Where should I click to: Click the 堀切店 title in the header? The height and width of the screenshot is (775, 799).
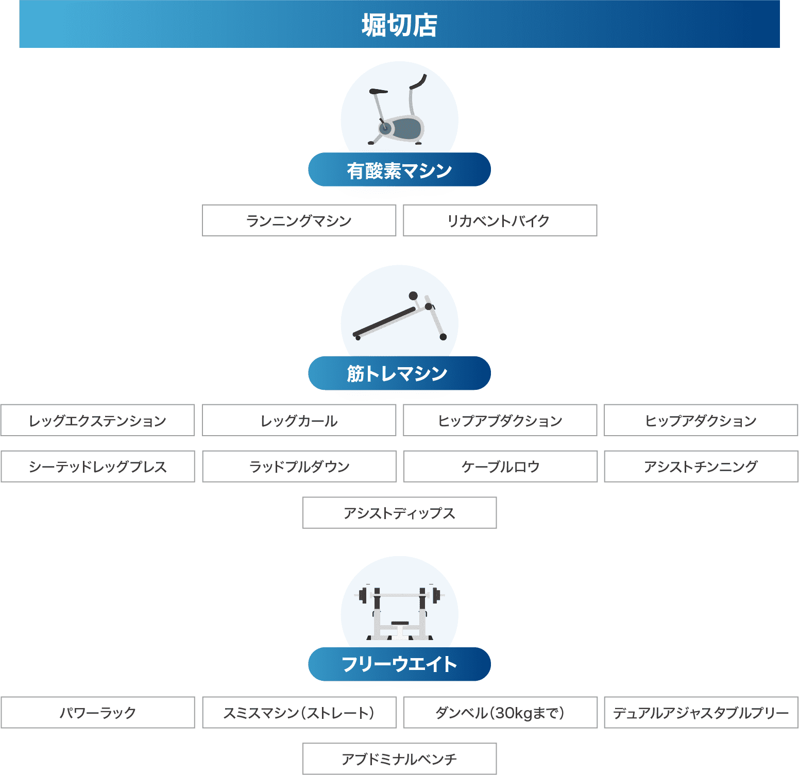[x=399, y=25]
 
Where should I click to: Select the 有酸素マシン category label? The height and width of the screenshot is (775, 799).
[x=399, y=170]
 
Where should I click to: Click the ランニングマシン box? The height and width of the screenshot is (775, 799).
[x=299, y=221]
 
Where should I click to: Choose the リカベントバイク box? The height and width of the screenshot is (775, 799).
[x=500, y=221]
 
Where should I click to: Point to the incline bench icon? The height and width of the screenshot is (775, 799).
[x=400, y=317]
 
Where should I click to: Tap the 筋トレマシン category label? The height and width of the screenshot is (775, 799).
[x=399, y=373]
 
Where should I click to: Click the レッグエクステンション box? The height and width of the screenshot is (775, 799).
[x=97, y=421]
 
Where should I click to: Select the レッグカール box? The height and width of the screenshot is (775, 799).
[x=299, y=421]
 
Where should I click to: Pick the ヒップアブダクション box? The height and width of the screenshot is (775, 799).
[x=500, y=421]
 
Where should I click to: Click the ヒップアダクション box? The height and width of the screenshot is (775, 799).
[x=701, y=421]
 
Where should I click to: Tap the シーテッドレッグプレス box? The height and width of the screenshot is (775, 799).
[x=97, y=467]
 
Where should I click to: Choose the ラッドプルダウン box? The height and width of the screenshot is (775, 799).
[x=299, y=467]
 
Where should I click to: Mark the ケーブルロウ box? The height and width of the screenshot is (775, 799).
[x=500, y=467]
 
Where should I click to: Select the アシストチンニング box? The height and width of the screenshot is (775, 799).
[x=701, y=467]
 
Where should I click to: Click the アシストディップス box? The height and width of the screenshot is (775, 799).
[x=399, y=513]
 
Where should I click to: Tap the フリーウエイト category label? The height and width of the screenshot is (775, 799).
[x=399, y=664]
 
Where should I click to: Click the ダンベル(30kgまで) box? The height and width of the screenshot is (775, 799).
[x=500, y=713]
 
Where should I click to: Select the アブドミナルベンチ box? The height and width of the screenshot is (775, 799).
[x=399, y=759]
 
